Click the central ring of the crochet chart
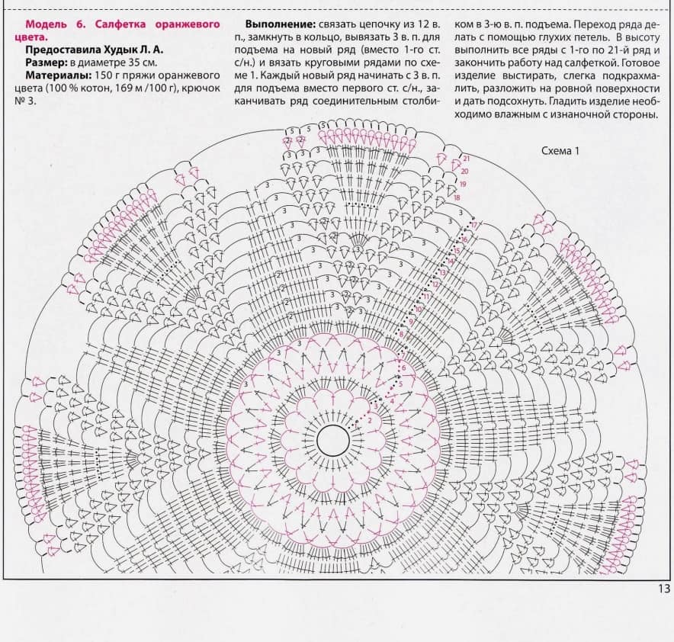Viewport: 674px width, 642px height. pyautogui.click(x=333, y=439)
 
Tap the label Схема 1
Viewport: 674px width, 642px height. pyautogui.click(x=560, y=151)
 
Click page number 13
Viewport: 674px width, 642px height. pyautogui.click(x=663, y=588)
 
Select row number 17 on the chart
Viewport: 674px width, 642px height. pyautogui.click(x=473, y=225)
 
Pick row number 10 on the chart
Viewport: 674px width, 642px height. pyautogui.click(x=418, y=310)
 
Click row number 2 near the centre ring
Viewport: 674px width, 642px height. pyautogui.click(x=369, y=420)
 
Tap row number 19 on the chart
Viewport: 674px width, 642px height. pyautogui.click(x=463, y=185)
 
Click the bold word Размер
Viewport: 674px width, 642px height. pyautogui.click(x=45, y=63)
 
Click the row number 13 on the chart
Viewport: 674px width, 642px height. pyautogui.click(x=442, y=272)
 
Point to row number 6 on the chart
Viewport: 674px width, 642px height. pyautogui.click(x=402, y=368)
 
